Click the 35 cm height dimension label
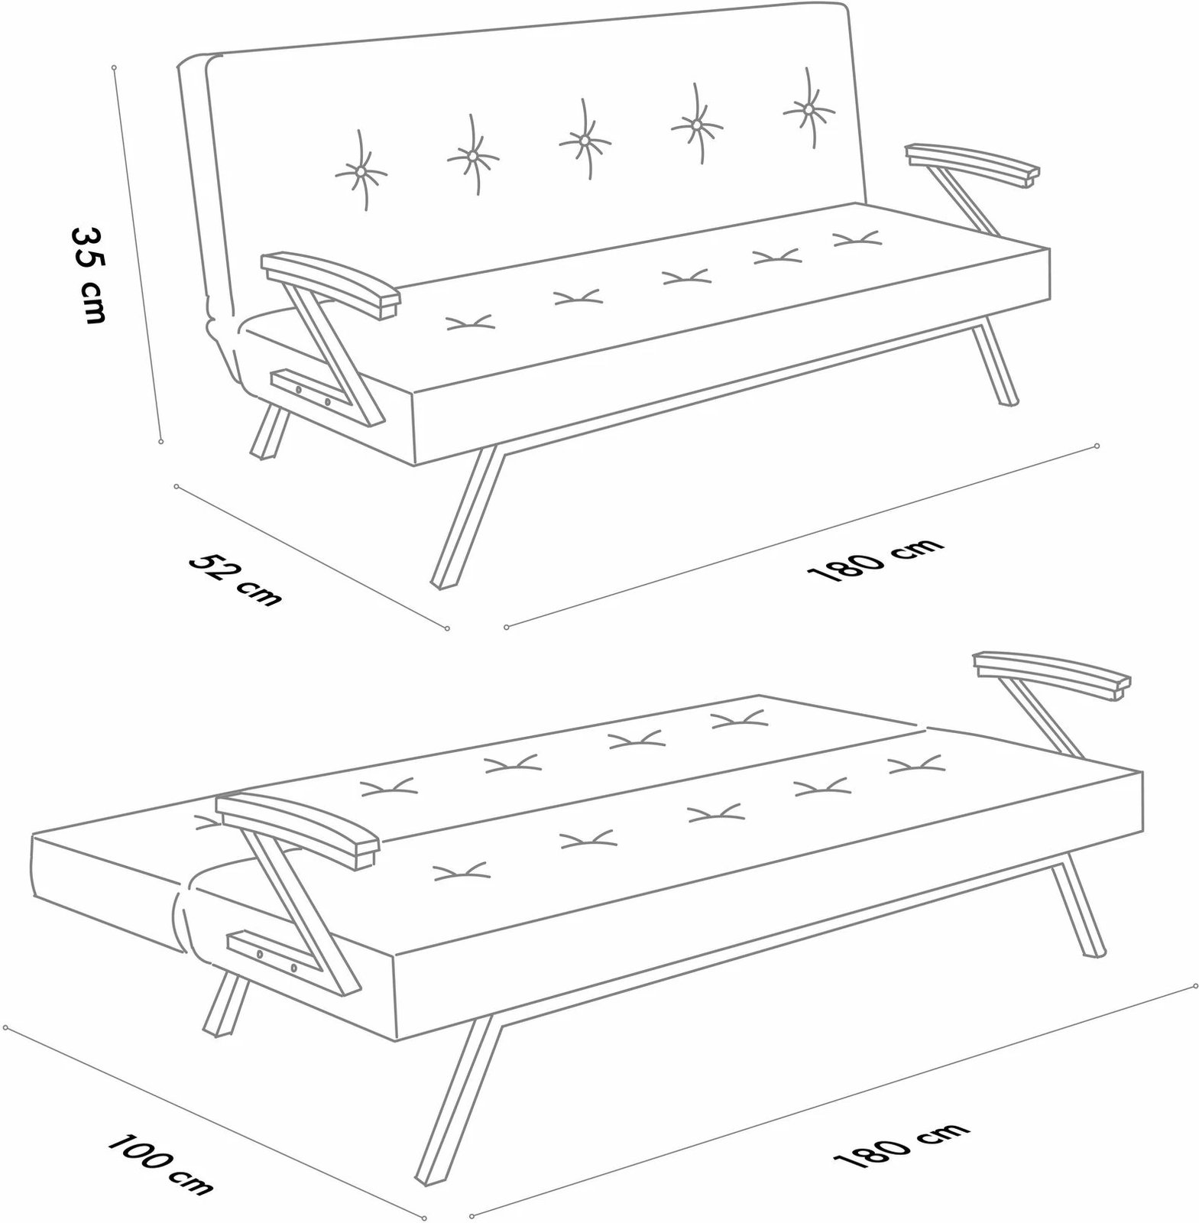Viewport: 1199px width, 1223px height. [88, 274]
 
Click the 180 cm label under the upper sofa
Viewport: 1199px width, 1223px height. [875, 560]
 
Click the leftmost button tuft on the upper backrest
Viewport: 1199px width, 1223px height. [361, 172]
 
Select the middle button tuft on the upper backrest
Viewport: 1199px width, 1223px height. [584, 141]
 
